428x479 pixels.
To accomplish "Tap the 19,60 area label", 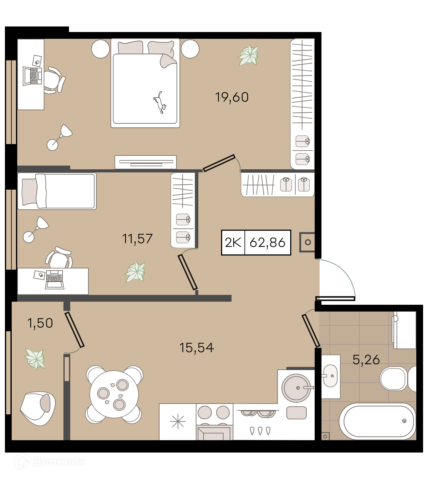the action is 232,97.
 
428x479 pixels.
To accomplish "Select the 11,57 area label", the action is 137,239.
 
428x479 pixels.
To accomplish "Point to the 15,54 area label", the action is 196,348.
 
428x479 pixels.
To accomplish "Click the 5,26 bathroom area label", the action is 366,360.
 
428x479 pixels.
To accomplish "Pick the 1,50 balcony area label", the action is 40,323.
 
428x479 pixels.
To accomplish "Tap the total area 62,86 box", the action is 268,243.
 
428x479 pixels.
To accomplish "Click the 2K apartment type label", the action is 233,243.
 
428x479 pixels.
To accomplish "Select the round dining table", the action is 114,394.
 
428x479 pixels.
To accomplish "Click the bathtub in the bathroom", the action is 378,421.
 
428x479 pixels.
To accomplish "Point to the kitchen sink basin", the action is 296,388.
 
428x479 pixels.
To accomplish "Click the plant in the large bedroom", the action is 248,55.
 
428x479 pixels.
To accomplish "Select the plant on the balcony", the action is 35,359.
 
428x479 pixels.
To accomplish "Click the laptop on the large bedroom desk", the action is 32,76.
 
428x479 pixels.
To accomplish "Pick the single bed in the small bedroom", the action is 57,191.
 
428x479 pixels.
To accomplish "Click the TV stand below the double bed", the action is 146,162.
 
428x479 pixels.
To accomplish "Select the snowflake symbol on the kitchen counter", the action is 178,421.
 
